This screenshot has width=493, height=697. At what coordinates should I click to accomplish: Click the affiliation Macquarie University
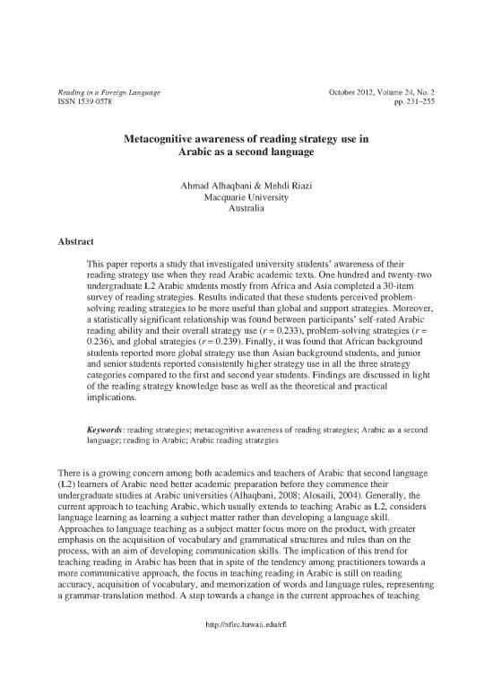pos(246,198)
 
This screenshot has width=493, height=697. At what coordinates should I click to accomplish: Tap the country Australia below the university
pos(246,210)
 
